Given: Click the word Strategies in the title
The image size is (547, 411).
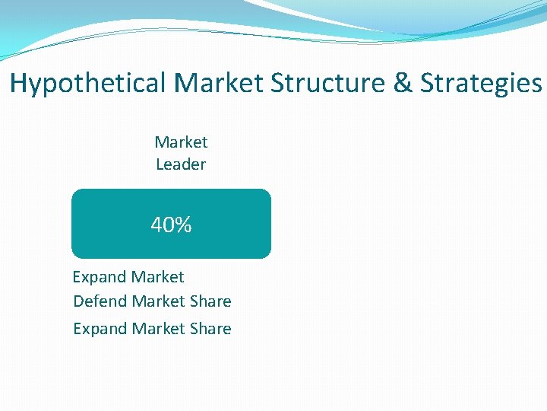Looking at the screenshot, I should pyautogui.click(x=481, y=83).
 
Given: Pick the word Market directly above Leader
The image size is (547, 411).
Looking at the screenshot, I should pyautogui.click(x=181, y=142).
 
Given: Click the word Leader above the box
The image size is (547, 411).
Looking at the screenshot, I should pyautogui.click(x=181, y=164).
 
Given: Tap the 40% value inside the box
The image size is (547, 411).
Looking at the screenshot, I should pyautogui.click(x=171, y=225).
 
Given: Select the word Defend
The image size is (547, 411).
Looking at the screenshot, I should pyautogui.click(x=100, y=301).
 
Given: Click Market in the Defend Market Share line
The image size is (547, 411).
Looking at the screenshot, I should pyautogui.click(x=159, y=301).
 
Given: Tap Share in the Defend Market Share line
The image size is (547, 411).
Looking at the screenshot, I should pyautogui.click(x=211, y=301).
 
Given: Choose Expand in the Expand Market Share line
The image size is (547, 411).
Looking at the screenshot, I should pyautogui.click(x=100, y=329).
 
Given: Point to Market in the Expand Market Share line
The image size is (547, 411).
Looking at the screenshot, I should pyautogui.click(x=159, y=329).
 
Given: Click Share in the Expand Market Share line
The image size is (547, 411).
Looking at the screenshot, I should pyautogui.click(x=211, y=329).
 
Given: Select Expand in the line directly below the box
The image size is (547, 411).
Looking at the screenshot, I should pyautogui.click(x=100, y=277).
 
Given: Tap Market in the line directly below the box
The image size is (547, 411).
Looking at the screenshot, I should pyautogui.click(x=158, y=277).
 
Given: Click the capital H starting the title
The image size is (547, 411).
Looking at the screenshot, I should pyautogui.click(x=18, y=83).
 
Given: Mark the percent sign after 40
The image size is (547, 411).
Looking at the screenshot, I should pyautogui.click(x=182, y=225).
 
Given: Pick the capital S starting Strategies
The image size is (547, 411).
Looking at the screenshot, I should pyautogui.click(x=428, y=83).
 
